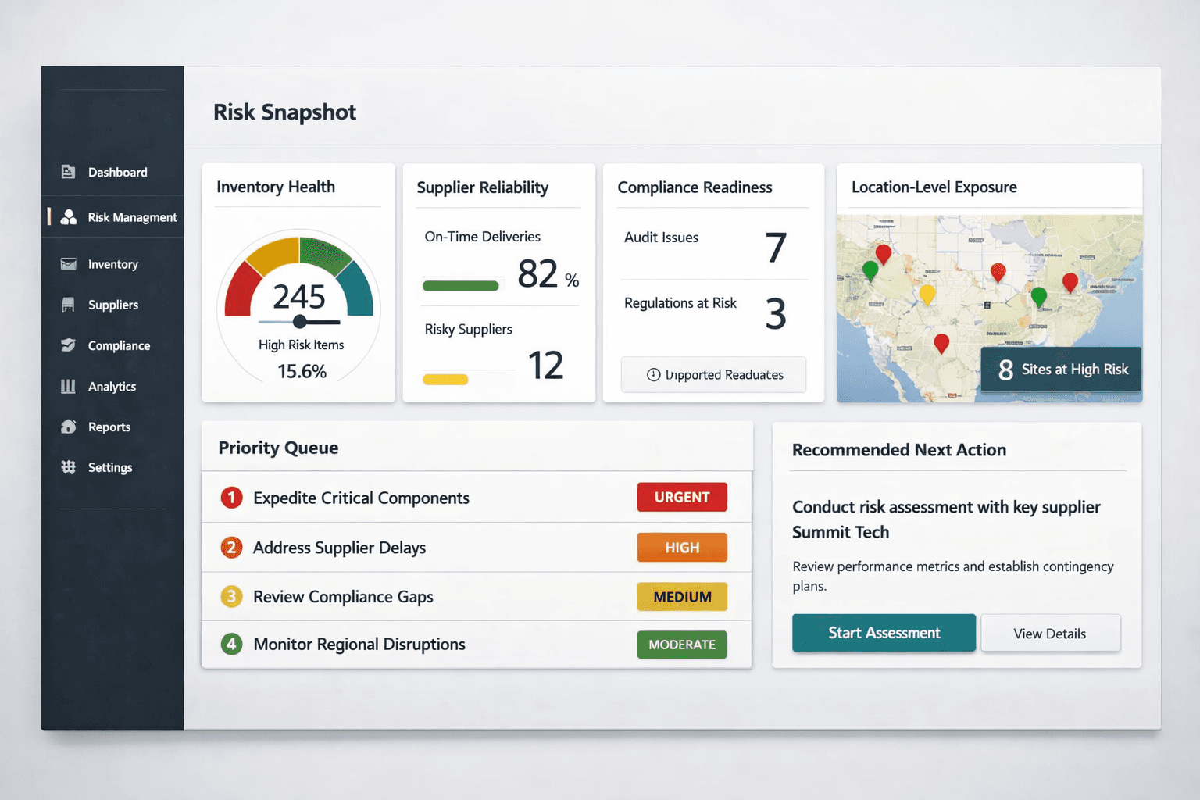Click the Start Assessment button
pos(884,633)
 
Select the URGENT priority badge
pos(682,497)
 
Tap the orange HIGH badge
pos(682,548)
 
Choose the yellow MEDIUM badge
pos(682,597)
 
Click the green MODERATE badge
pos(682,645)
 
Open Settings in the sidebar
pos(109,467)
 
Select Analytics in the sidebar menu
pos(112,386)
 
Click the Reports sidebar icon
pos(69,427)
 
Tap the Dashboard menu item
pos(117,172)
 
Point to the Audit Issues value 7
pos(775,248)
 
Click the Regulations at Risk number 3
pos(775,314)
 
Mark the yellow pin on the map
pos(927,294)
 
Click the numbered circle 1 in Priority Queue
pos(231,498)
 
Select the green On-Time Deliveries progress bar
pos(460,286)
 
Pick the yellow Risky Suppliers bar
pos(445,380)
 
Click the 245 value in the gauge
pos(298,297)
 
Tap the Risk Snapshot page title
pos(284,112)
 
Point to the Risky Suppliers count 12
pos(545,366)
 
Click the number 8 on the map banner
pos(1005,370)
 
